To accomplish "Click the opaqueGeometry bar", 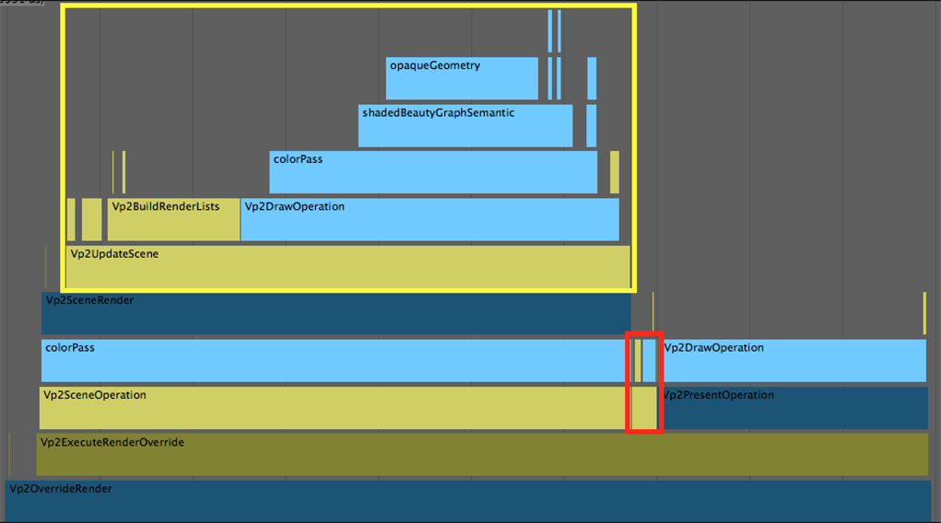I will (462, 78).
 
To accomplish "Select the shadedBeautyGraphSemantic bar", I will (465, 125).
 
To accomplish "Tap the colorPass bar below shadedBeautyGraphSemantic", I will (433, 172).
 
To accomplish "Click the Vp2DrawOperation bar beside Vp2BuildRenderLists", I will (429, 219).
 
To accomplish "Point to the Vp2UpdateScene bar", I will (347, 266).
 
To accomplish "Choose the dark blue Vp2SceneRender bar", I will (335, 313).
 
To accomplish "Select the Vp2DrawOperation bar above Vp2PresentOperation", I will (794, 360).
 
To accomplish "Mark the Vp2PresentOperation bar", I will (794, 407).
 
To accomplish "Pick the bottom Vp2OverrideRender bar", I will (467, 500).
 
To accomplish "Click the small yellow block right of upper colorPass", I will (615, 172).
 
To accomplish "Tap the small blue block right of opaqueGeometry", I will (592, 78).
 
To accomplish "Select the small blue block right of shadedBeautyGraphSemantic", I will (592, 125).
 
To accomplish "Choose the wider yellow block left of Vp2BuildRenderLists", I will (91, 219).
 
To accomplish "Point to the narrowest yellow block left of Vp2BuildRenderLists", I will (71, 219).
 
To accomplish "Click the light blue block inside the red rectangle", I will (649, 360).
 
